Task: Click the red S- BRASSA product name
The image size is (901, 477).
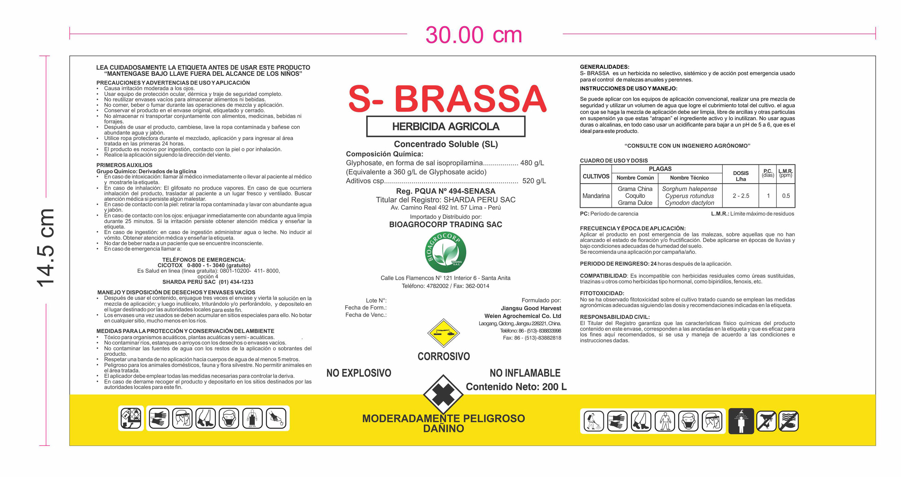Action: (447, 99)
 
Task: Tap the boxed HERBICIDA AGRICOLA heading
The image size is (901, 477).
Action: (446, 127)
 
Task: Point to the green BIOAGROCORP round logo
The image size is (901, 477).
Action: (445, 252)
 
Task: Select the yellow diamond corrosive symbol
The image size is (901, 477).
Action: (444, 333)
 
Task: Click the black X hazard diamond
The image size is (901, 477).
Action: (443, 394)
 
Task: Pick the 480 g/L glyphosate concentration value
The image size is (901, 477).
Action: (532, 163)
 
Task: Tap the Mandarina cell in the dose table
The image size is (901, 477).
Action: (596, 196)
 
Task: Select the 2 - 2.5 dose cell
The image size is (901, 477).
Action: (741, 196)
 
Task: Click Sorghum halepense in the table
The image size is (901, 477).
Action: (689, 189)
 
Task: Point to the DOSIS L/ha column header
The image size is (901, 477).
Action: (740, 176)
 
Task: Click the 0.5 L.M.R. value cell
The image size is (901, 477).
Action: (786, 196)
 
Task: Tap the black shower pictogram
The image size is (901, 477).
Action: (741, 421)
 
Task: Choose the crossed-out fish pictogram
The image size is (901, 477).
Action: (788, 421)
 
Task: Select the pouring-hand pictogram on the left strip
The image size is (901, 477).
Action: (276, 418)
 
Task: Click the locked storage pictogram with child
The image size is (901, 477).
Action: (131, 418)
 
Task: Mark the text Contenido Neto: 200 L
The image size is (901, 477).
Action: (516, 387)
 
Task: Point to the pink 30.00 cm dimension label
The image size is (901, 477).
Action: (474, 35)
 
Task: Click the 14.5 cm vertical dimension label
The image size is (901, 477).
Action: (46, 248)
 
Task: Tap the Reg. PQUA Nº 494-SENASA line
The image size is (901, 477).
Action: (446, 191)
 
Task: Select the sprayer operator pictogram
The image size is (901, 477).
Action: (594, 421)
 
